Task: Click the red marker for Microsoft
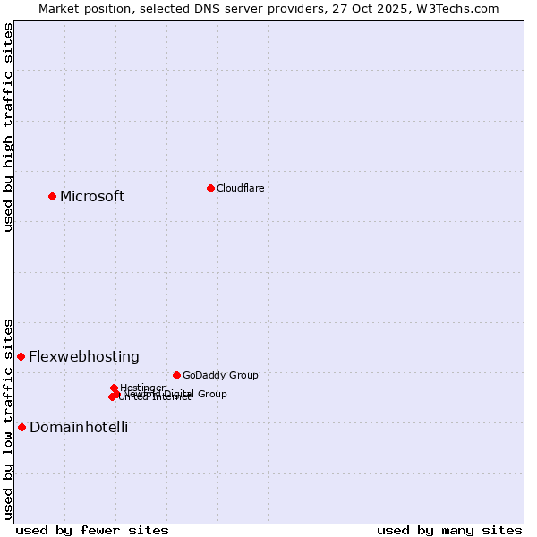click(52, 196)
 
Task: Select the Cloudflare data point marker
click(210, 188)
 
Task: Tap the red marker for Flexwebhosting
click(21, 356)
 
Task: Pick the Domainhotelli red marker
click(21, 427)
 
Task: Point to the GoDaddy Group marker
click(176, 375)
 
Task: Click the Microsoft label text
click(92, 197)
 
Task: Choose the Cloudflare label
click(240, 188)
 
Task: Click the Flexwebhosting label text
click(84, 357)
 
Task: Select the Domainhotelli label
click(79, 428)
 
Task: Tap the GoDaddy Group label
click(220, 376)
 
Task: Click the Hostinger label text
click(142, 388)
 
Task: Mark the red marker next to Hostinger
click(114, 388)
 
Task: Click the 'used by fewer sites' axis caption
click(92, 530)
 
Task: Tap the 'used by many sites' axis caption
click(449, 530)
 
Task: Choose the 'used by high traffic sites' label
click(8, 127)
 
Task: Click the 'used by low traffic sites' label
click(8, 418)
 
